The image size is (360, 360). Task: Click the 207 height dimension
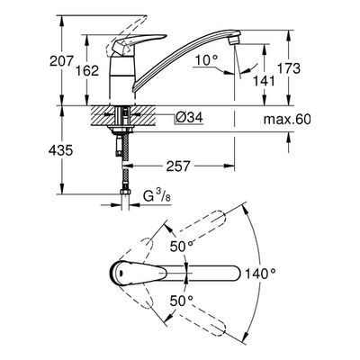tap(61, 61)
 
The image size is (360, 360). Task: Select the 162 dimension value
tap(86, 71)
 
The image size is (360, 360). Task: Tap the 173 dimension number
tap(288, 68)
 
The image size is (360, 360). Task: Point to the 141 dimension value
tap(264, 80)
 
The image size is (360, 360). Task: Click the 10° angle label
tap(207, 60)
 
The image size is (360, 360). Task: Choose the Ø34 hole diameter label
tap(189, 118)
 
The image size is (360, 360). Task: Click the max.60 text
tap(287, 120)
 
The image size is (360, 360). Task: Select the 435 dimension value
tap(60, 150)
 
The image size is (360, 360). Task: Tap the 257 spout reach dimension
tap(178, 166)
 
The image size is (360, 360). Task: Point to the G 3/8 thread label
tap(157, 197)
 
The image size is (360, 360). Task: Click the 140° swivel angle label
tap(260, 274)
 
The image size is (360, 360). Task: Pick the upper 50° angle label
tap(182, 247)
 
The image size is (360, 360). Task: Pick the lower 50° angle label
tap(182, 301)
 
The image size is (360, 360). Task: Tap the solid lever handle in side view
tap(137, 43)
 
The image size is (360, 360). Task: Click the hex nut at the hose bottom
tap(125, 192)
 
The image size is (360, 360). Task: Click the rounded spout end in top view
tap(236, 274)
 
